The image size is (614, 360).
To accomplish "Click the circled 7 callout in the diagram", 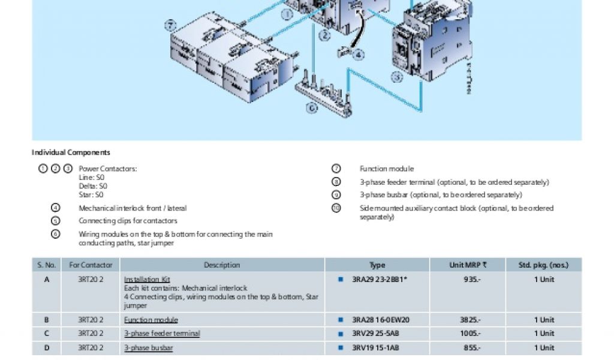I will [x=171, y=26].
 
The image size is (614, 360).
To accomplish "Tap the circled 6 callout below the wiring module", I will [x=311, y=108].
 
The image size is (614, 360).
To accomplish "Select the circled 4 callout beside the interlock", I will [x=359, y=55].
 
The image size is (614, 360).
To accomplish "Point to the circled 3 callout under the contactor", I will [x=397, y=77].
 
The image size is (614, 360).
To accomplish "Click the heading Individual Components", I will [x=71, y=152].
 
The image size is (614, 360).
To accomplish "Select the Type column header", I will [x=377, y=265].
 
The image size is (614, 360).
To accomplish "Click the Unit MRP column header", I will [x=468, y=265].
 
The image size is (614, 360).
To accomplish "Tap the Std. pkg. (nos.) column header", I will [x=543, y=265].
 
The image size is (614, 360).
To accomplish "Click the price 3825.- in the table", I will [x=468, y=320].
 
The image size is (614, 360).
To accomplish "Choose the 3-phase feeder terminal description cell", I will [x=162, y=334].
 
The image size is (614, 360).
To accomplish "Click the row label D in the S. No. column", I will [x=47, y=347].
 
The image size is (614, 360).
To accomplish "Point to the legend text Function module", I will [x=386, y=169].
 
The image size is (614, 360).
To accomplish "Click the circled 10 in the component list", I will [x=336, y=208].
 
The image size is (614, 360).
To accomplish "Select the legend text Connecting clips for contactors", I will [x=128, y=221].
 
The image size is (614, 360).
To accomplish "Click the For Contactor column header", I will [x=91, y=265].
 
